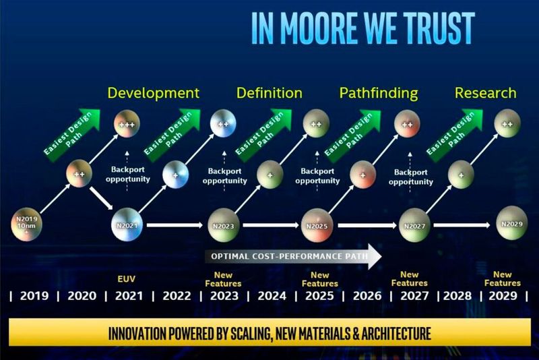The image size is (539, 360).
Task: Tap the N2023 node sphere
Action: [x=222, y=225]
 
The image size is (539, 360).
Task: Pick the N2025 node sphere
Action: [x=317, y=225]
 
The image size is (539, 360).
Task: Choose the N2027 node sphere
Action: [x=414, y=225]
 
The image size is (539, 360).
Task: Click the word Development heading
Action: [x=154, y=93]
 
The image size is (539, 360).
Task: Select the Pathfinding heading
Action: [x=378, y=93]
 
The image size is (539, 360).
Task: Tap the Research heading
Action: [x=485, y=93]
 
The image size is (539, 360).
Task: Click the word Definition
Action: [x=269, y=93]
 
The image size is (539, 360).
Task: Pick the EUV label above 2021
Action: [x=127, y=278]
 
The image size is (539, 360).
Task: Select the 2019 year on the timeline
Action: [x=34, y=296]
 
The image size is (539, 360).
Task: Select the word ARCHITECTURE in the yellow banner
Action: [x=384, y=334]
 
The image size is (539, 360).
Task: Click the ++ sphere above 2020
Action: [x=78, y=174]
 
